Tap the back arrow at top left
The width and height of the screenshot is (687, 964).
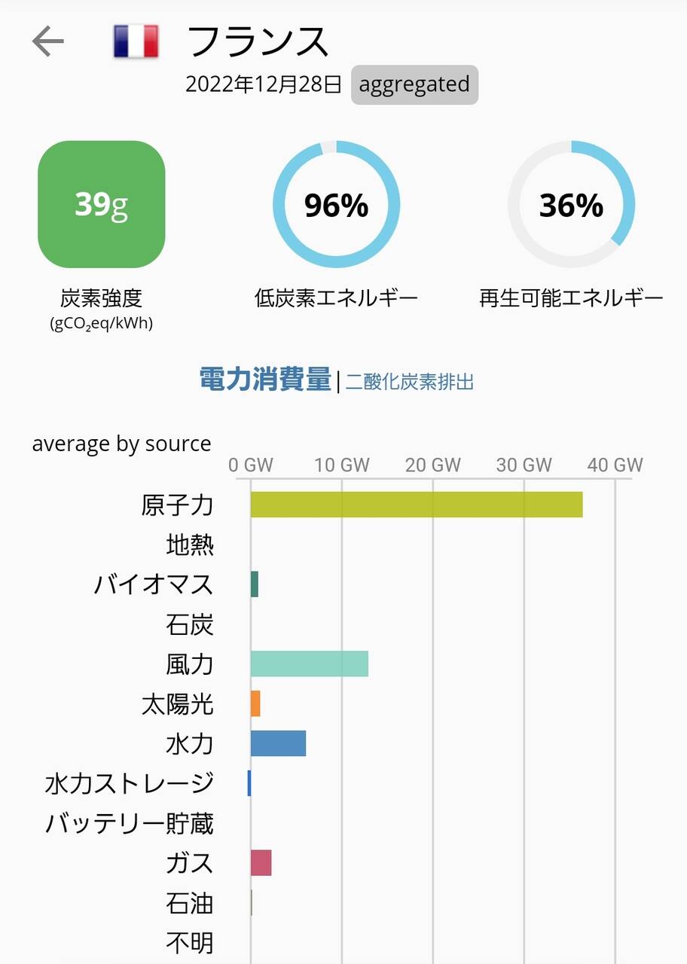click(x=48, y=42)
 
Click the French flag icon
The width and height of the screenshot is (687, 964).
click(x=136, y=41)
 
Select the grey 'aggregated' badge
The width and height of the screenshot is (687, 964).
click(x=414, y=84)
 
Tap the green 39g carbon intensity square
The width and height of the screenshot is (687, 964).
click(x=102, y=204)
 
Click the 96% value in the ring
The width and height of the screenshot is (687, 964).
click(x=336, y=205)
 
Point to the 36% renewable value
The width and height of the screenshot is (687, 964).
click(x=571, y=205)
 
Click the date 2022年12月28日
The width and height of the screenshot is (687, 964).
click(x=264, y=84)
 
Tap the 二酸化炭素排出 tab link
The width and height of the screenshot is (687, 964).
click(x=410, y=382)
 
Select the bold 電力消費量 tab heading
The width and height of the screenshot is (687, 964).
click(x=265, y=380)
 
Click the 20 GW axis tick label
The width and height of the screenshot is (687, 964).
click(x=433, y=465)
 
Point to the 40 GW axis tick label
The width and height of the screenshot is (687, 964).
click(x=615, y=465)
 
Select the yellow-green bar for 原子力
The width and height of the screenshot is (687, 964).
click(x=417, y=505)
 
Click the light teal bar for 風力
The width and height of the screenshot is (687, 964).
click(x=310, y=664)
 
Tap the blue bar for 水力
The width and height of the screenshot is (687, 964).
click(x=278, y=743)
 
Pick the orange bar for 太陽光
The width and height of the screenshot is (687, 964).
click(x=255, y=703)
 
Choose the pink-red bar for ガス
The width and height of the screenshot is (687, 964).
click(x=261, y=863)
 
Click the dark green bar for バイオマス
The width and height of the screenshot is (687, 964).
click(x=255, y=584)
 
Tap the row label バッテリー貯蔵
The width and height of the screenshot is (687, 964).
click(x=130, y=824)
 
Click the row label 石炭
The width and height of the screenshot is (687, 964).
click(x=190, y=624)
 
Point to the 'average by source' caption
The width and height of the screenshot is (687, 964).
click(x=121, y=444)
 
